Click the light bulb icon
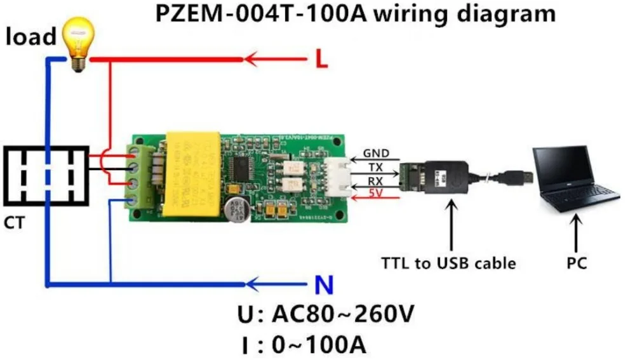click(79, 43)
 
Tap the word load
click(31, 37)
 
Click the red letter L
click(322, 60)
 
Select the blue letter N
click(324, 286)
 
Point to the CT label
click(14, 223)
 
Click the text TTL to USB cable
click(448, 262)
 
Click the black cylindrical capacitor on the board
click(237, 209)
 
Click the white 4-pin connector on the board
click(335, 175)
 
